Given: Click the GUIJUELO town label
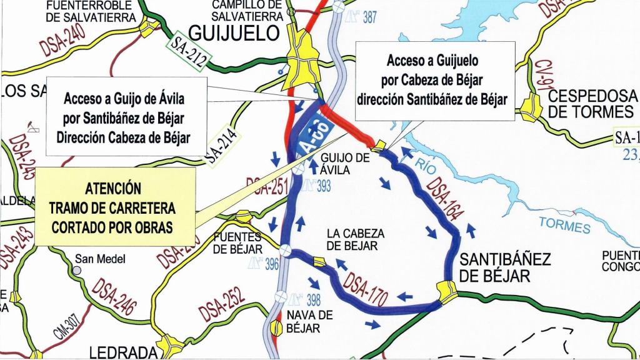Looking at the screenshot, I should [x=235, y=32].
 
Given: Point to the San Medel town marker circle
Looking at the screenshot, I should [x=77, y=271].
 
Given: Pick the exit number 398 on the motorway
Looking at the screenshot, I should [x=313, y=299].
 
